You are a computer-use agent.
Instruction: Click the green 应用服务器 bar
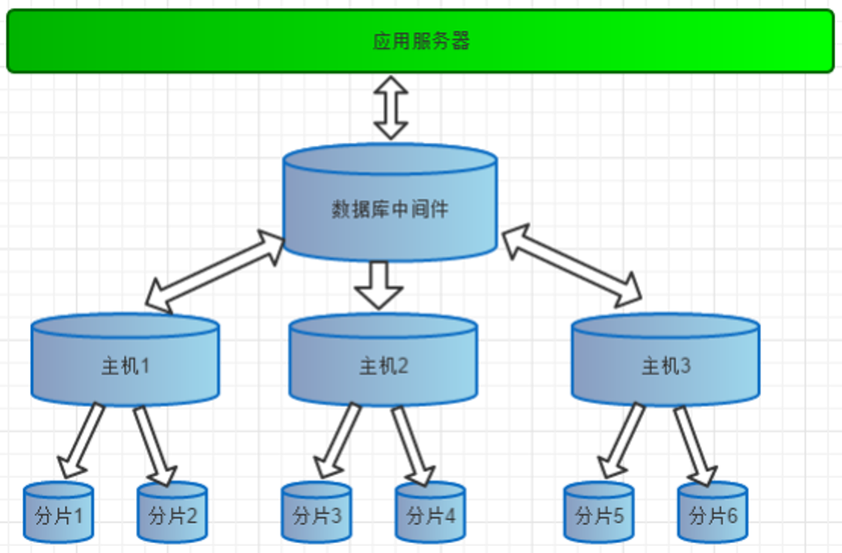pos(421,41)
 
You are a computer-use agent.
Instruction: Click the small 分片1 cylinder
pos(59,514)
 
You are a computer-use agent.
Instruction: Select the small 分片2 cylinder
pos(172,514)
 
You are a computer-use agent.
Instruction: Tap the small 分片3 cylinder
pos(317,514)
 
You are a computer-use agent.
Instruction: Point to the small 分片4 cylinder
pos(430,514)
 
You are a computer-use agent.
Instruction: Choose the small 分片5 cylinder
pos(599,514)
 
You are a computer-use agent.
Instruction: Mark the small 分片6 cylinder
pos(712,514)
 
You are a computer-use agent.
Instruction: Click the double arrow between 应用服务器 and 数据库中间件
pos(391,107)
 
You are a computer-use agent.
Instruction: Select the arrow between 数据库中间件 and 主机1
pos(216,270)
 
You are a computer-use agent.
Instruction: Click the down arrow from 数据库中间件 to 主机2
pos(379,284)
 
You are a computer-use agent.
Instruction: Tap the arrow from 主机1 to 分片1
pos(82,439)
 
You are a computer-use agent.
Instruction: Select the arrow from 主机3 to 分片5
pos(623,439)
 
